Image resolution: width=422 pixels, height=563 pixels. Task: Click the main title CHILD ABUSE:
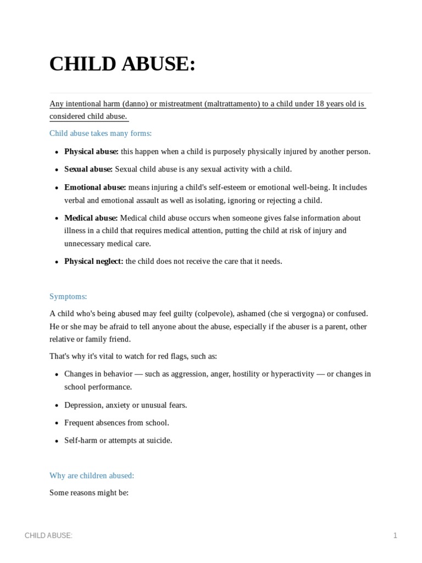tap(122, 64)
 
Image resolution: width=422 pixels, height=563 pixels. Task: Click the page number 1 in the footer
tap(395, 536)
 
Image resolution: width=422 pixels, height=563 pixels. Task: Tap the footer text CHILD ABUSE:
tap(48, 536)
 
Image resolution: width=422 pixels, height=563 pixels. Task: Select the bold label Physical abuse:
tap(91, 151)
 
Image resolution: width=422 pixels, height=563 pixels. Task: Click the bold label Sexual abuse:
tap(88, 169)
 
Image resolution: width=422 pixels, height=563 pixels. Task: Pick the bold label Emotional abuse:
tap(95, 187)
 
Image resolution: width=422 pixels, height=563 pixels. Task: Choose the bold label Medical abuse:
tap(91, 218)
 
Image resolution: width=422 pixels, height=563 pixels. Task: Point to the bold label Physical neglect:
tap(93, 261)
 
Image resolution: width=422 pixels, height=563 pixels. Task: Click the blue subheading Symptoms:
tap(68, 296)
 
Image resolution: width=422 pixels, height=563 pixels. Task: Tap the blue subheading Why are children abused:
tap(92, 476)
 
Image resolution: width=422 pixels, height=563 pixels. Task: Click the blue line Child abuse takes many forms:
tap(101, 133)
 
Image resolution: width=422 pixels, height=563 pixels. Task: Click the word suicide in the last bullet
tap(158, 440)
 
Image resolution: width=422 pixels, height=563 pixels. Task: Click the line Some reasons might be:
tap(89, 493)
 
